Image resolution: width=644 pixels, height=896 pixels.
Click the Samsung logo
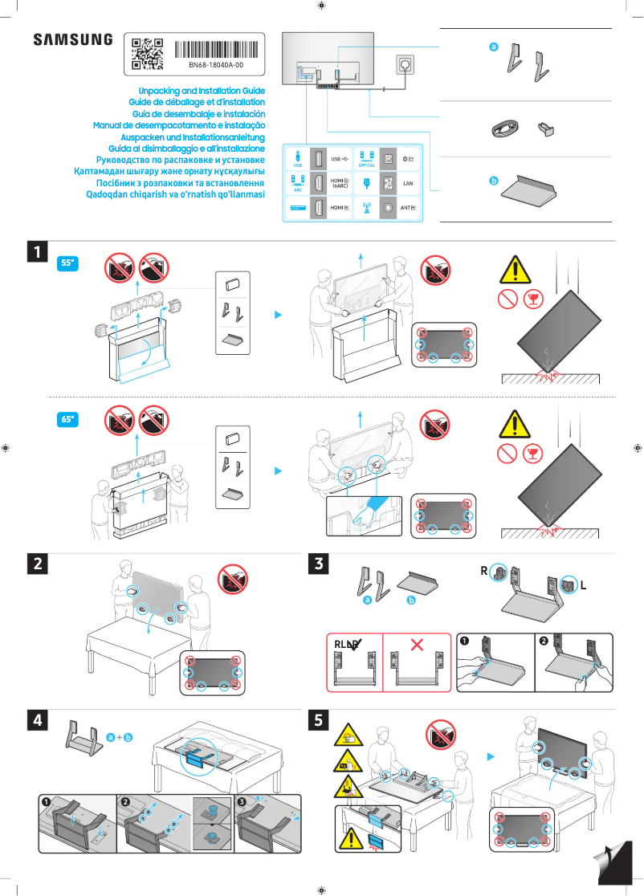click(72, 40)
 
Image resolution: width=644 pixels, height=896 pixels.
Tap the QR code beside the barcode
click(147, 53)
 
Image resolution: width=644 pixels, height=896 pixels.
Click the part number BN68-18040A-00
click(216, 65)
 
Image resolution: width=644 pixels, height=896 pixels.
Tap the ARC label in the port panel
click(297, 191)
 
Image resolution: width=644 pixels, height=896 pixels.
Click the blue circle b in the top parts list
click(495, 181)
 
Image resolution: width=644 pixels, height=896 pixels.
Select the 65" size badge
click(69, 419)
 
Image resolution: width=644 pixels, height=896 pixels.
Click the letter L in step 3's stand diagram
click(583, 586)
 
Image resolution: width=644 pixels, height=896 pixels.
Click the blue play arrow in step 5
click(491, 756)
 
